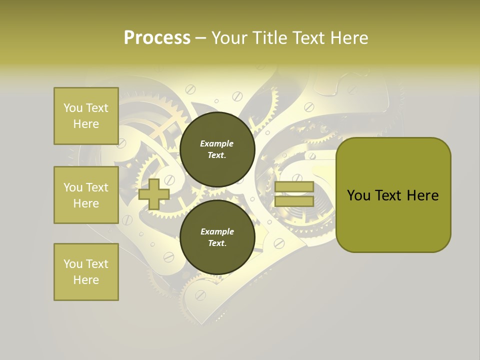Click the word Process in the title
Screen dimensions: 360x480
pyautogui.click(x=157, y=38)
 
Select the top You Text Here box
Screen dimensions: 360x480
pyautogui.click(x=86, y=116)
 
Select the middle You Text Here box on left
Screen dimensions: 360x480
pyautogui.click(x=86, y=195)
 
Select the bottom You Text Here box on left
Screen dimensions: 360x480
pyautogui.click(x=86, y=271)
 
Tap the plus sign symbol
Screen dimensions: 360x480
pyautogui.click(x=154, y=194)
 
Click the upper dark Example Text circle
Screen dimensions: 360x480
pyautogui.click(x=216, y=149)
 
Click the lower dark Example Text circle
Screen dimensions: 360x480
pyautogui.click(x=216, y=237)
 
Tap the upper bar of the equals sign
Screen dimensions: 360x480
pyautogui.click(x=294, y=187)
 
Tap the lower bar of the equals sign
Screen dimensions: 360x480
pyautogui.click(x=294, y=201)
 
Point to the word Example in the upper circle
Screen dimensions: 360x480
pyautogui.click(x=216, y=144)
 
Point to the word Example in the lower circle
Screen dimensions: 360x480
pyautogui.click(x=217, y=232)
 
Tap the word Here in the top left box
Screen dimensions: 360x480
pyautogui.click(x=86, y=124)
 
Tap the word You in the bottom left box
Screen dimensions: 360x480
pyautogui.click(x=72, y=264)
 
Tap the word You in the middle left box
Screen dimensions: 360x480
pyautogui.click(x=72, y=187)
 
